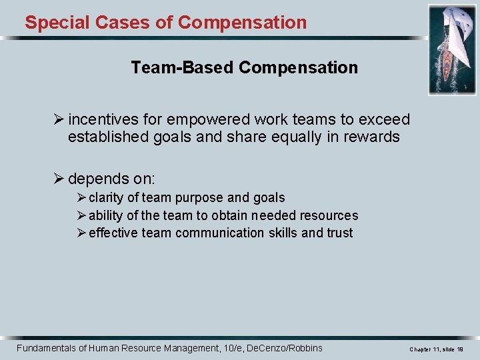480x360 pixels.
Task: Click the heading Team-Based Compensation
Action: [x=244, y=67]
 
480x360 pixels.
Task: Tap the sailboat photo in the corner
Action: [x=451, y=49]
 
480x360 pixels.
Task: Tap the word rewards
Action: [x=371, y=137]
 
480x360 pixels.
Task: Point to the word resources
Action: [x=327, y=215]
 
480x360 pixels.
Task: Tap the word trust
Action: [x=339, y=233]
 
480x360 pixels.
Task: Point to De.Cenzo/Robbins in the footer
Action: [x=284, y=348]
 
